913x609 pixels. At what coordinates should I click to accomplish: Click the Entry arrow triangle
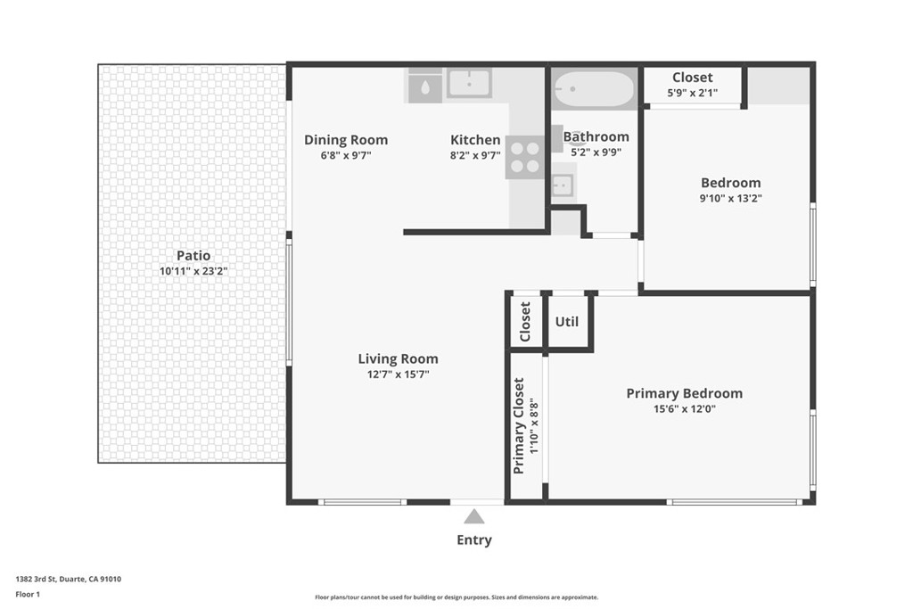(473, 516)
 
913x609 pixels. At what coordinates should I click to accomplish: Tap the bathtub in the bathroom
(593, 89)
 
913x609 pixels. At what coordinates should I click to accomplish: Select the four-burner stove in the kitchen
(525, 157)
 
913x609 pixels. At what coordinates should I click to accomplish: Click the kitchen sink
(469, 84)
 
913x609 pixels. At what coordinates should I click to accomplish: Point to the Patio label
(193, 256)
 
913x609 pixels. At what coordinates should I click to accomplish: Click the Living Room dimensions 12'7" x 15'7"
(398, 374)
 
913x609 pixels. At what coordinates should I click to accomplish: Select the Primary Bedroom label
(684, 393)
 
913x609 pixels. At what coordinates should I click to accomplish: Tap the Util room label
(567, 322)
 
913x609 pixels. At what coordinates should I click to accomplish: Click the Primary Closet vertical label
(519, 425)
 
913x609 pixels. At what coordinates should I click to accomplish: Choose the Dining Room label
(346, 139)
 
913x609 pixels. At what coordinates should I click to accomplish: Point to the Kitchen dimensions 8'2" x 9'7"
(475, 155)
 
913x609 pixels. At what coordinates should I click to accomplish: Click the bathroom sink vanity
(563, 185)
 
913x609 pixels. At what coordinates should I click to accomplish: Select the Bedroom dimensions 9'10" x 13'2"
(730, 199)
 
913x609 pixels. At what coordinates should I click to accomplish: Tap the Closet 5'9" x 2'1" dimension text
(692, 93)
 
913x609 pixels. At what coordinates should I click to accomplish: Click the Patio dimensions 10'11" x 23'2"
(193, 271)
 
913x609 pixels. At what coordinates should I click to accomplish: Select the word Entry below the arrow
(473, 539)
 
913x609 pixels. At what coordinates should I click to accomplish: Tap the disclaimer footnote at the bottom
(456, 597)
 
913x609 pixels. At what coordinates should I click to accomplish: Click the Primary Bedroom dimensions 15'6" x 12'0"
(684, 409)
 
